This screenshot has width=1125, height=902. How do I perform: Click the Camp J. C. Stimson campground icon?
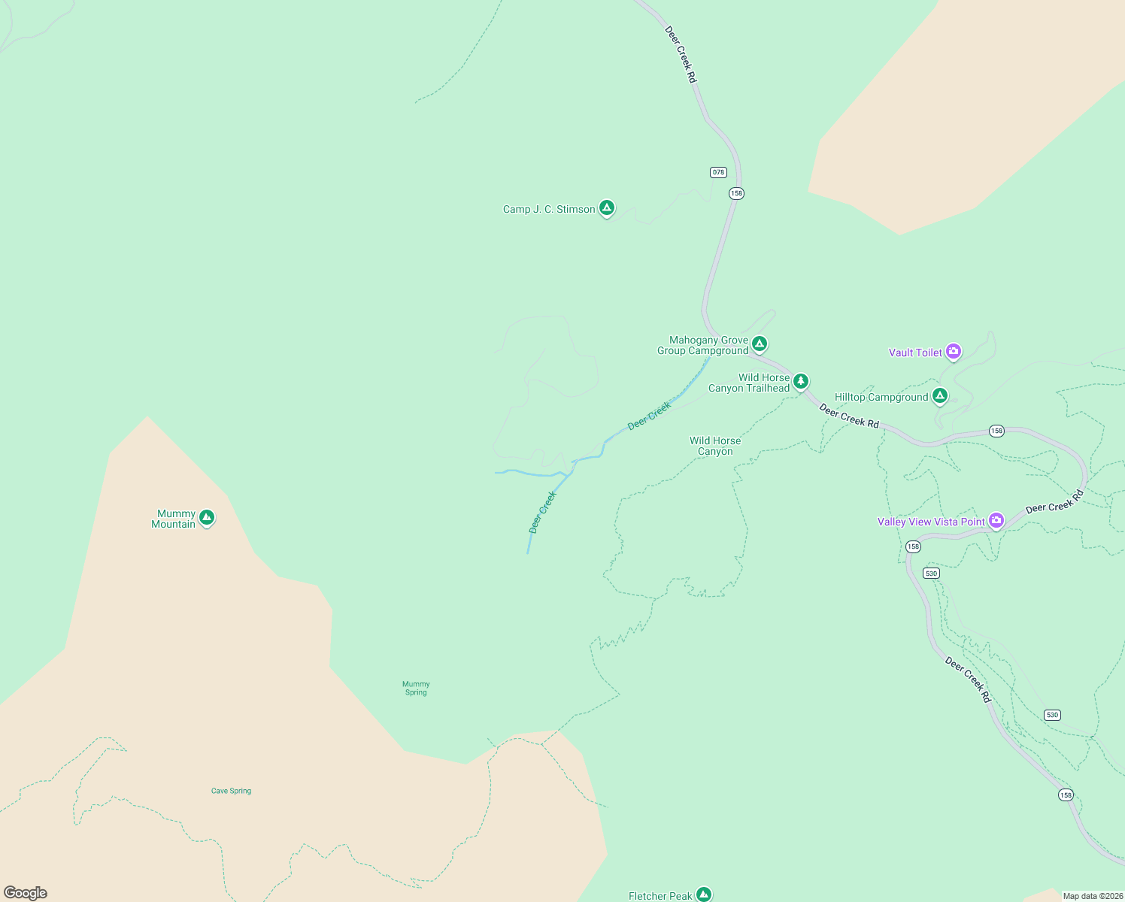click(x=607, y=208)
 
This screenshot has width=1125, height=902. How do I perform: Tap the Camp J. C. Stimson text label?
click(x=549, y=210)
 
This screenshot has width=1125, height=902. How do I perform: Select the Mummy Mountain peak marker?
click(x=207, y=517)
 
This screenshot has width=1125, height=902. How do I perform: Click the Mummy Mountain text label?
click(x=174, y=519)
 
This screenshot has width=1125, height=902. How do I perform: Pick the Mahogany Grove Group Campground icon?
click(x=760, y=344)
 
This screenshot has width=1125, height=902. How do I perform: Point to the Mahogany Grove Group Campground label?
click(x=704, y=346)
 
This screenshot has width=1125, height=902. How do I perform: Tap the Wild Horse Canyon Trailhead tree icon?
click(x=801, y=381)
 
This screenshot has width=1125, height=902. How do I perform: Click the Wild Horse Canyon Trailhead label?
click(x=750, y=383)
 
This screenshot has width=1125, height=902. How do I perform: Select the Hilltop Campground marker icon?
click(x=939, y=395)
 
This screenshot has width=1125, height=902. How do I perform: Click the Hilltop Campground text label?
click(x=881, y=398)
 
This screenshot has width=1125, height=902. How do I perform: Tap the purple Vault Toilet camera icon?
click(x=954, y=351)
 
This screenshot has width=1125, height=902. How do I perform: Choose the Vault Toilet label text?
click(x=915, y=353)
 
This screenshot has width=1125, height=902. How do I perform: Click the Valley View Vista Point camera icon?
click(x=996, y=520)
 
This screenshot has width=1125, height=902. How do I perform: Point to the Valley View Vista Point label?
click(x=931, y=522)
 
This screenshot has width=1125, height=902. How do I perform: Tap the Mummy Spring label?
click(x=416, y=689)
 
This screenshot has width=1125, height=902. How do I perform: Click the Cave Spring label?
click(x=231, y=791)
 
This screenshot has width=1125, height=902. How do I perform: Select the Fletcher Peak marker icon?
click(x=704, y=894)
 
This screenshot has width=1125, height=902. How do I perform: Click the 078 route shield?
click(x=718, y=172)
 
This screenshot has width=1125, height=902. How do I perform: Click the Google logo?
click(x=26, y=893)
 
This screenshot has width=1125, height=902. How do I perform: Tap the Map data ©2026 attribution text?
click(x=1093, y=896)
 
